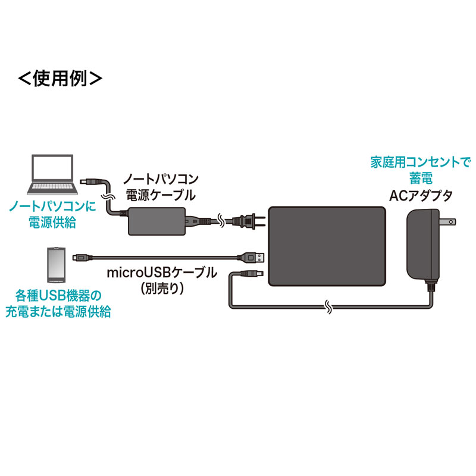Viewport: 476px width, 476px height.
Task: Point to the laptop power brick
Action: point(158,221)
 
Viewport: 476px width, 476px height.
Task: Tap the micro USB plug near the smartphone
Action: point(79,257)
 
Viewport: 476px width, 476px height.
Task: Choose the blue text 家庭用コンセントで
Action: point(412,162)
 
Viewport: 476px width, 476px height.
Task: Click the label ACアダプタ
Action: point(420,195)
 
